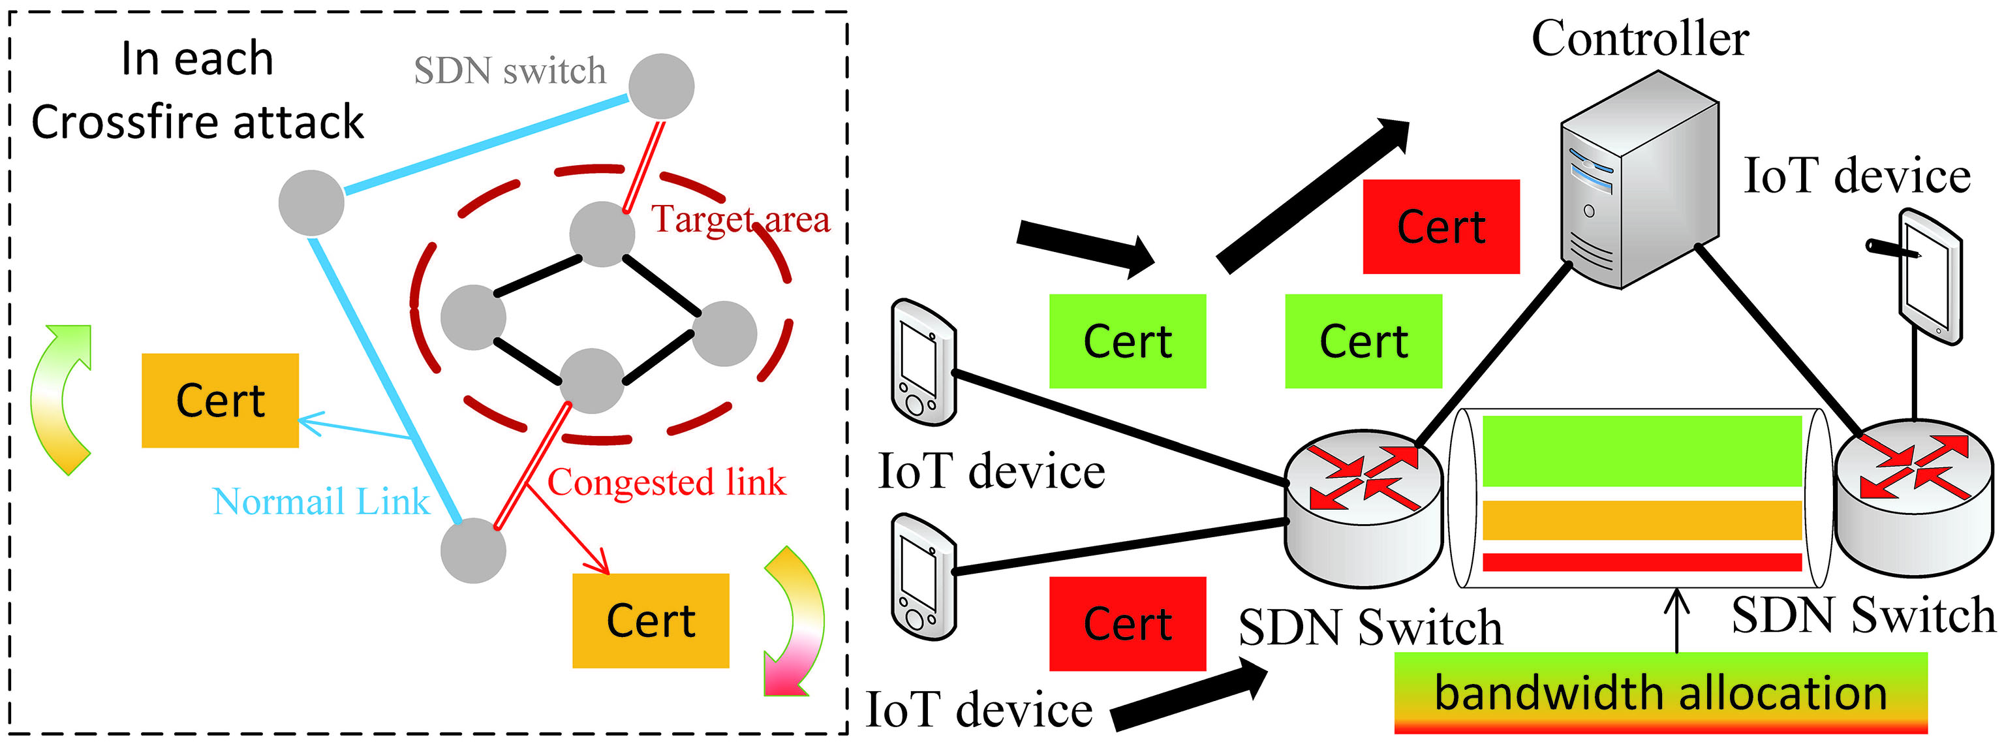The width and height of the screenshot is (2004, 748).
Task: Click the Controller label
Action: pyautogui.click(x=1640, y=39)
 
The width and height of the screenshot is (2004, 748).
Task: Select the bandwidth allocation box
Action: pyautogui.click(x=1660, y=693)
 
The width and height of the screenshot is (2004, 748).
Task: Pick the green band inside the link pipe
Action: pyautogui.click(x=1641, y=452)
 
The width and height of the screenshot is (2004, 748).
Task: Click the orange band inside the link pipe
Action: pyautogui.click(x=1641, y=520)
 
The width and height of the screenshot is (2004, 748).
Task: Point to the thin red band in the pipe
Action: pyautogui.click(x=1641, y=561)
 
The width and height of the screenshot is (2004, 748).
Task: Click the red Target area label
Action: pyautogui.click(x=740, y=219)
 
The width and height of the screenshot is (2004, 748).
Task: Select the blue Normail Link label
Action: pyautogui.click(x=320, y=502)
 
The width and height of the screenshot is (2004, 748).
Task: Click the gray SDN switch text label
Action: pyautogui.click(x=510, y=72)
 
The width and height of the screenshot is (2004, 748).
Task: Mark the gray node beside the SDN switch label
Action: pyautogui.click(x=661, y=86)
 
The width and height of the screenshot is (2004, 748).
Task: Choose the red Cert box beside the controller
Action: pyautogui.click(x=1441, y=226)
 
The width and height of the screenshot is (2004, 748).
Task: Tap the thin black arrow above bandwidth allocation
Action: pyautogui.click(x=1676, y=620)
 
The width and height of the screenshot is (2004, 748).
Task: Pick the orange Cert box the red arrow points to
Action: pyautogui.click(x=651, y=620)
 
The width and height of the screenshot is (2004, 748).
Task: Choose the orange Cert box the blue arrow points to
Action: pyautogui.click(x=220, y=400)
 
